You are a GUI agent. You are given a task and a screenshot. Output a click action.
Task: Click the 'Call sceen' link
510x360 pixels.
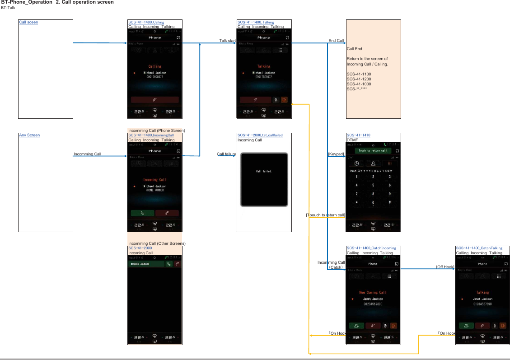pos(28,22)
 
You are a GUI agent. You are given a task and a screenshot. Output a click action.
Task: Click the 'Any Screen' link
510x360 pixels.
pos(29,135)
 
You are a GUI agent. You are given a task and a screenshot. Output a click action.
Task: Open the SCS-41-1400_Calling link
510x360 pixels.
pos(146,22)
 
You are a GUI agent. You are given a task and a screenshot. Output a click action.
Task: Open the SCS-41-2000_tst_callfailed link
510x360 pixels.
pos(260,135)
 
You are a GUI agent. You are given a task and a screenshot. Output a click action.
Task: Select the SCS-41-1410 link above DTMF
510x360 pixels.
pos(358,135)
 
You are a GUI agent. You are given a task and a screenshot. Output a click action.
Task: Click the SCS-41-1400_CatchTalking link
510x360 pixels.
pos(479,248)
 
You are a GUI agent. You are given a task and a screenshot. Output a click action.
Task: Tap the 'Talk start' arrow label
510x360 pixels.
pos(227,41)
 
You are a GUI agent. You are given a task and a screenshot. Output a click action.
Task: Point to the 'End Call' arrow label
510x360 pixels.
pos(336,41)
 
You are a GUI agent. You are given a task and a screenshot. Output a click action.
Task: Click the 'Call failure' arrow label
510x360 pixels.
pos(226,154)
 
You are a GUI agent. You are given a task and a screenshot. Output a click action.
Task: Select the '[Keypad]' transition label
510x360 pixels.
pos(336,154)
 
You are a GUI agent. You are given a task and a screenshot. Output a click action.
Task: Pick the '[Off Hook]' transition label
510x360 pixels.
pos(445,267)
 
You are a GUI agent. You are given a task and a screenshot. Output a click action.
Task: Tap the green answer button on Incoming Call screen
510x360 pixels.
pos(142,213)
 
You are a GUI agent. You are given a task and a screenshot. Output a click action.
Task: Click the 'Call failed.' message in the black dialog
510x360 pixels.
pos(264,171)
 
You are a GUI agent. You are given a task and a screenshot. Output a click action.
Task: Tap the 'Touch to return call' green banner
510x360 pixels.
pos(373,150)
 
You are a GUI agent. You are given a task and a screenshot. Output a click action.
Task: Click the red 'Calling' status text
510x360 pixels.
pos(154,66)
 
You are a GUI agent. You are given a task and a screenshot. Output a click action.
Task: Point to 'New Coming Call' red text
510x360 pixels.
pos(373,292)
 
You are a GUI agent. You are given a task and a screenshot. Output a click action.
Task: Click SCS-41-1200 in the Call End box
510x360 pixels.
pos(359,79)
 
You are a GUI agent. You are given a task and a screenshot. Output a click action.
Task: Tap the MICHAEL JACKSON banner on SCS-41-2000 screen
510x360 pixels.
pos(146,264)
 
